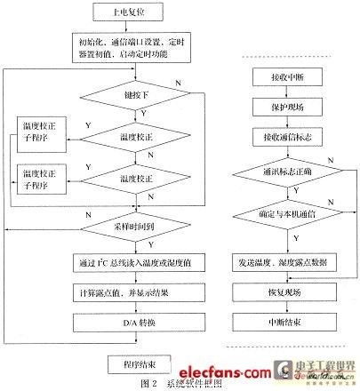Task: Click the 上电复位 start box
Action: [123, 12]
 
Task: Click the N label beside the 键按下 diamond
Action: [181, 81]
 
